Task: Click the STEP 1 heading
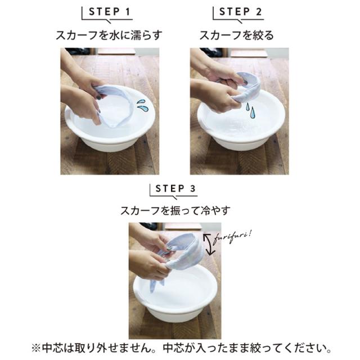click(x=110, y=12)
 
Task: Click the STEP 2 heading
click(x=240, y=12)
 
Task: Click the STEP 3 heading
click(x=175, y=189)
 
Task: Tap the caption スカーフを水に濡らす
click(x=109, y=35)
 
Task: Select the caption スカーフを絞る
click(x=237, y=35)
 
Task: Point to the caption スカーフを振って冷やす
click(x=175, y=210)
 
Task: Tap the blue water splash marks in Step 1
click(x=142, y=105)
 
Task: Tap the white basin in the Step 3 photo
click(x=175, y=296)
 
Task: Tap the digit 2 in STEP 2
click(x=259, y=12)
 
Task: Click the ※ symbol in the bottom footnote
click(x=36, y=348)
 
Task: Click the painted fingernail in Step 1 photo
click(x=99, y=97)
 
